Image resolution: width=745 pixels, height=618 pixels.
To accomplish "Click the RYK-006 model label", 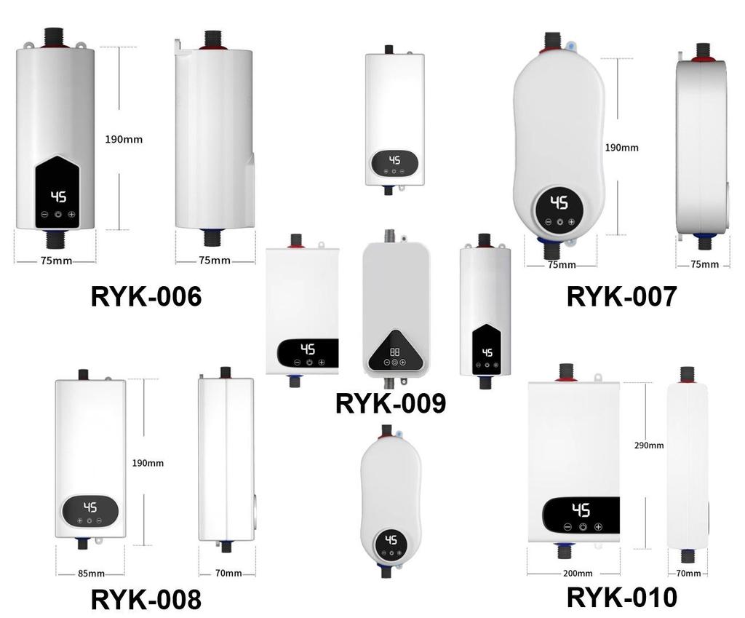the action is (x=146, y=296).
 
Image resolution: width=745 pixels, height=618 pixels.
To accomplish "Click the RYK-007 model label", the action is (x=621, y=296).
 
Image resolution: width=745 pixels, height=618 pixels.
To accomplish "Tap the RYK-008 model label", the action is (x=146, y=599).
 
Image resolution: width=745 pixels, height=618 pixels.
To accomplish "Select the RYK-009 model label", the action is (x=391, y=403).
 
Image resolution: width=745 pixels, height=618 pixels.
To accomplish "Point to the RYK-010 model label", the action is (x=621, y=597).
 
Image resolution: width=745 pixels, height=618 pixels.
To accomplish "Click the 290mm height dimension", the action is (x=648, y=445).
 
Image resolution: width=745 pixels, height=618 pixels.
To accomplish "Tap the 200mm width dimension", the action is (x=578, y=574).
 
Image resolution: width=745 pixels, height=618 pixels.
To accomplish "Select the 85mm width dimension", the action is (x=91, y=574).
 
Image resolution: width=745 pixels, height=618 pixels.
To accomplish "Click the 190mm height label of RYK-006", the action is (x=124, y=139).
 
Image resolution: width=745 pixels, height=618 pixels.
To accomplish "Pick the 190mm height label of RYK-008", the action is (x=148, y=463).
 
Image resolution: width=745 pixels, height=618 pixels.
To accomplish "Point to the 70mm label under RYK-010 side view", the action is (x=688, y=574).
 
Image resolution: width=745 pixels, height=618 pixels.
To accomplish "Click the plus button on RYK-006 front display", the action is (x=71, y=215).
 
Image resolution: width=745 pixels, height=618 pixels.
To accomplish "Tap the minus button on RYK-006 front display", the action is (x=44, y=215).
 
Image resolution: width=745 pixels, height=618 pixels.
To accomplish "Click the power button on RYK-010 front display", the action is (x=583, y=527).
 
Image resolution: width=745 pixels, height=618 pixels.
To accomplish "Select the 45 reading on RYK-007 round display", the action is (x=559, y=202).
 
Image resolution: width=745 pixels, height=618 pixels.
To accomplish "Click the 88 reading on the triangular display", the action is (x=395, y=352).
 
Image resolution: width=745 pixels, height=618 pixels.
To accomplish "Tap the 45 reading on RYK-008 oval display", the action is (x=90, y=507).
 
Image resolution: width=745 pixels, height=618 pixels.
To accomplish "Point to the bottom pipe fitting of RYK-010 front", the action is (x=565, y=552).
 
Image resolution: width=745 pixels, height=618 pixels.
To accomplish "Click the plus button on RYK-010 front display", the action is (x=598, y=527).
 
